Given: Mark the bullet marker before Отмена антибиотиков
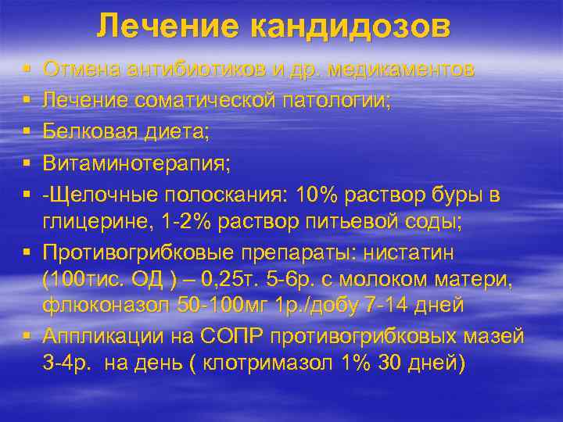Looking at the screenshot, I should pyautogui.click(x=27, y=70).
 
